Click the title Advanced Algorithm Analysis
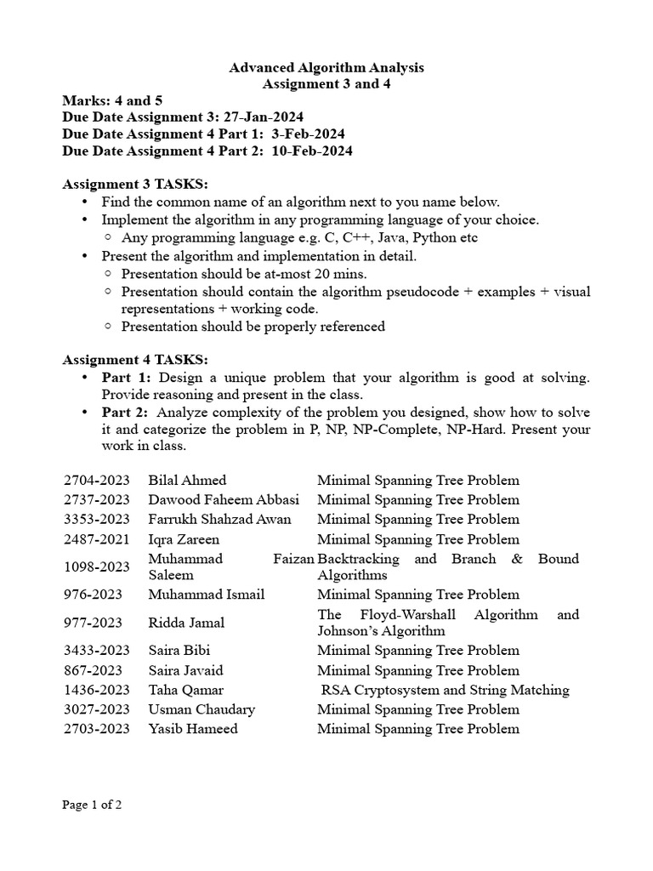pos(326,67)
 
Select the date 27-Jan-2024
pos(264,117)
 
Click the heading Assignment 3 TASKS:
pos(135,185)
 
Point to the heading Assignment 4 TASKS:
pos(135,360)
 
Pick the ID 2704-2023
pos(96,481)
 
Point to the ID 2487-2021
pos(96,539)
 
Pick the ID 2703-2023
pos(96,728)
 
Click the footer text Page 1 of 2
pos(93,805)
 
